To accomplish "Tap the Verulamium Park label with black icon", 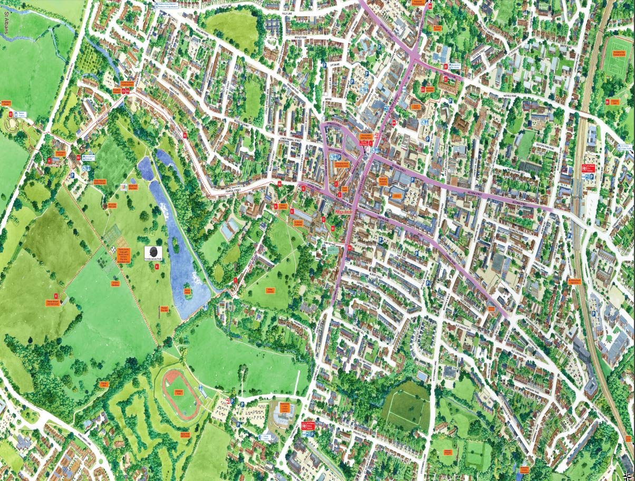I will [153, 254].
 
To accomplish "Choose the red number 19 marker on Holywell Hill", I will [349, 247].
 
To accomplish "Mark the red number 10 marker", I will [78, 157].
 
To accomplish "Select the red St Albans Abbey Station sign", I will [304, 425].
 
